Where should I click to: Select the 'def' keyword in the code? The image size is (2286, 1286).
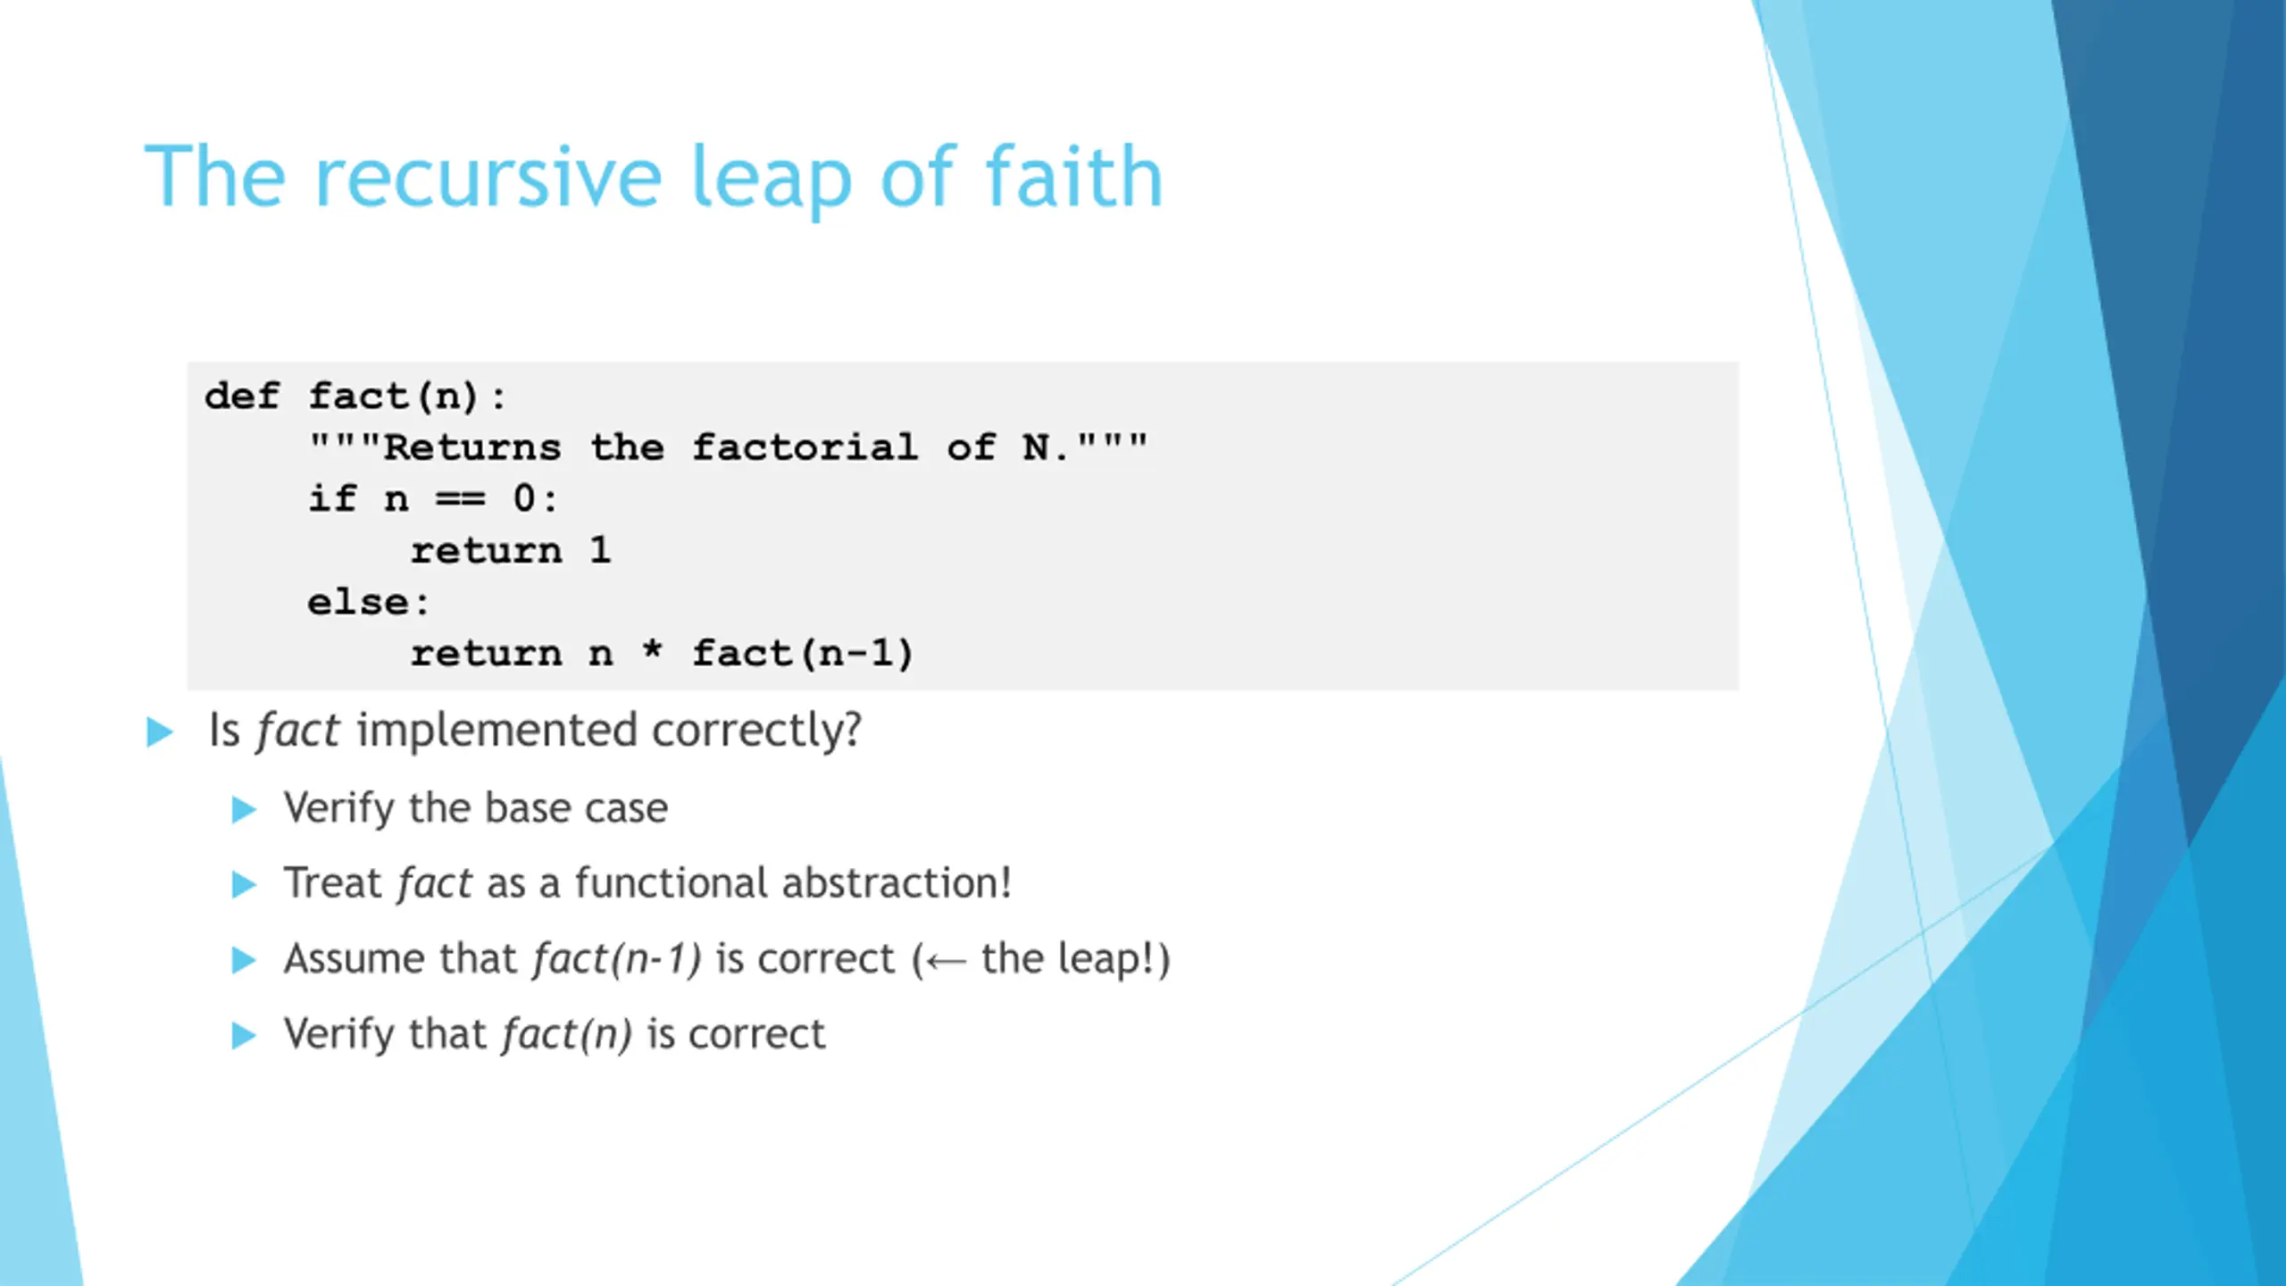[x=242, y=396]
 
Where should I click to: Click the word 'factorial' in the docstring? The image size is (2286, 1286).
[x=805, y=447]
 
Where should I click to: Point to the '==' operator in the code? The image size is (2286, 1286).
[x=460, y=498]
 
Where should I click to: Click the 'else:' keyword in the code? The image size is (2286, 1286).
[x=368, y=602]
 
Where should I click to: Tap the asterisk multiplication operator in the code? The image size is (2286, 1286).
[x=653, y=649]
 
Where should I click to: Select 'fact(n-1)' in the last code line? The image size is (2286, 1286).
[x=803, y=654]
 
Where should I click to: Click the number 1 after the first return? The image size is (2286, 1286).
[x=600, y=549]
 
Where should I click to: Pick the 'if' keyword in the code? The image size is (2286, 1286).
[x=332, y=497]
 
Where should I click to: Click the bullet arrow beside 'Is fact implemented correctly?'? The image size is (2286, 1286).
[x=160, y=732]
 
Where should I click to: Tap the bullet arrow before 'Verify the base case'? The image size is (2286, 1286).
[x=244, y=810]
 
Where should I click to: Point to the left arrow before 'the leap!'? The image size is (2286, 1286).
[x=946, y=962]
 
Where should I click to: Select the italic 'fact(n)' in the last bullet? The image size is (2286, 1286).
[x=567, y=1034]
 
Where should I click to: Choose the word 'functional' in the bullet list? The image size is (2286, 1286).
[x=672, y=882]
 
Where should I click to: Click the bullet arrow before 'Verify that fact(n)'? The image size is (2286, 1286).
[x=244, y=1036]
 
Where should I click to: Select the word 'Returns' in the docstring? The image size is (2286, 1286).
[x=472, y=447]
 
